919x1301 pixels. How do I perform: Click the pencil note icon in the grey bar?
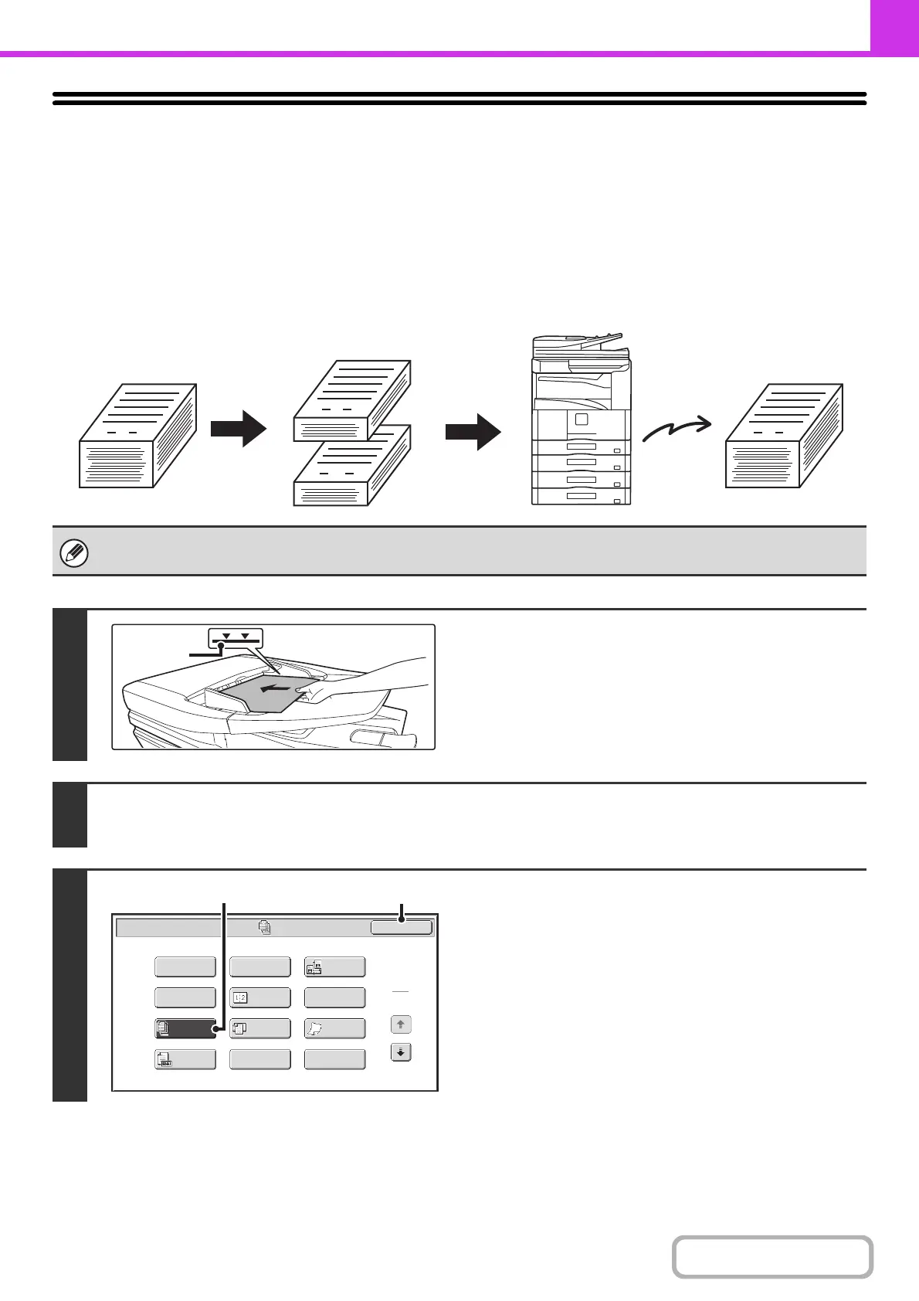tap(74, 554)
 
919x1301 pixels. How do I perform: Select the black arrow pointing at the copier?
tap(473, 431)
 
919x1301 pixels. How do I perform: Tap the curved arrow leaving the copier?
tap(677, 430)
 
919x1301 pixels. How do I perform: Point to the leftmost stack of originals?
tap(137, 436)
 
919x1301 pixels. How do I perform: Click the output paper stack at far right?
tap(784, 436)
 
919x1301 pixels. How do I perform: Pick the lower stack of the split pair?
tap(352, 465)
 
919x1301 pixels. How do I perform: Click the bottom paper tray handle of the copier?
tap(581, 495)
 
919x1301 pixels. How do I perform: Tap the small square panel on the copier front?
tap(582, 420)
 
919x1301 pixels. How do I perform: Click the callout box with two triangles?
tap(236, 637)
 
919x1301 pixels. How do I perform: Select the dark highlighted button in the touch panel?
tap(185, 1028)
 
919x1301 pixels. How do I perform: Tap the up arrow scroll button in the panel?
tap(401, 1024)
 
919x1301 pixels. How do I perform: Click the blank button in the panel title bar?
tap(401, 927)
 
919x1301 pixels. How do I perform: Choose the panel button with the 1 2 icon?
tap(260, 997)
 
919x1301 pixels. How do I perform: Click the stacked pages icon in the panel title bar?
tap(265, 926)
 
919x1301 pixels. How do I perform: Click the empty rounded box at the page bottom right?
tap(772, 1257)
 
